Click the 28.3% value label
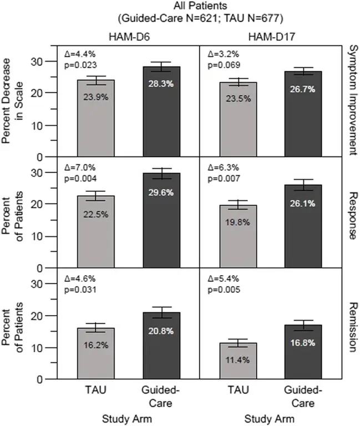coord(161,82)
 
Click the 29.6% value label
coord(161,192)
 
